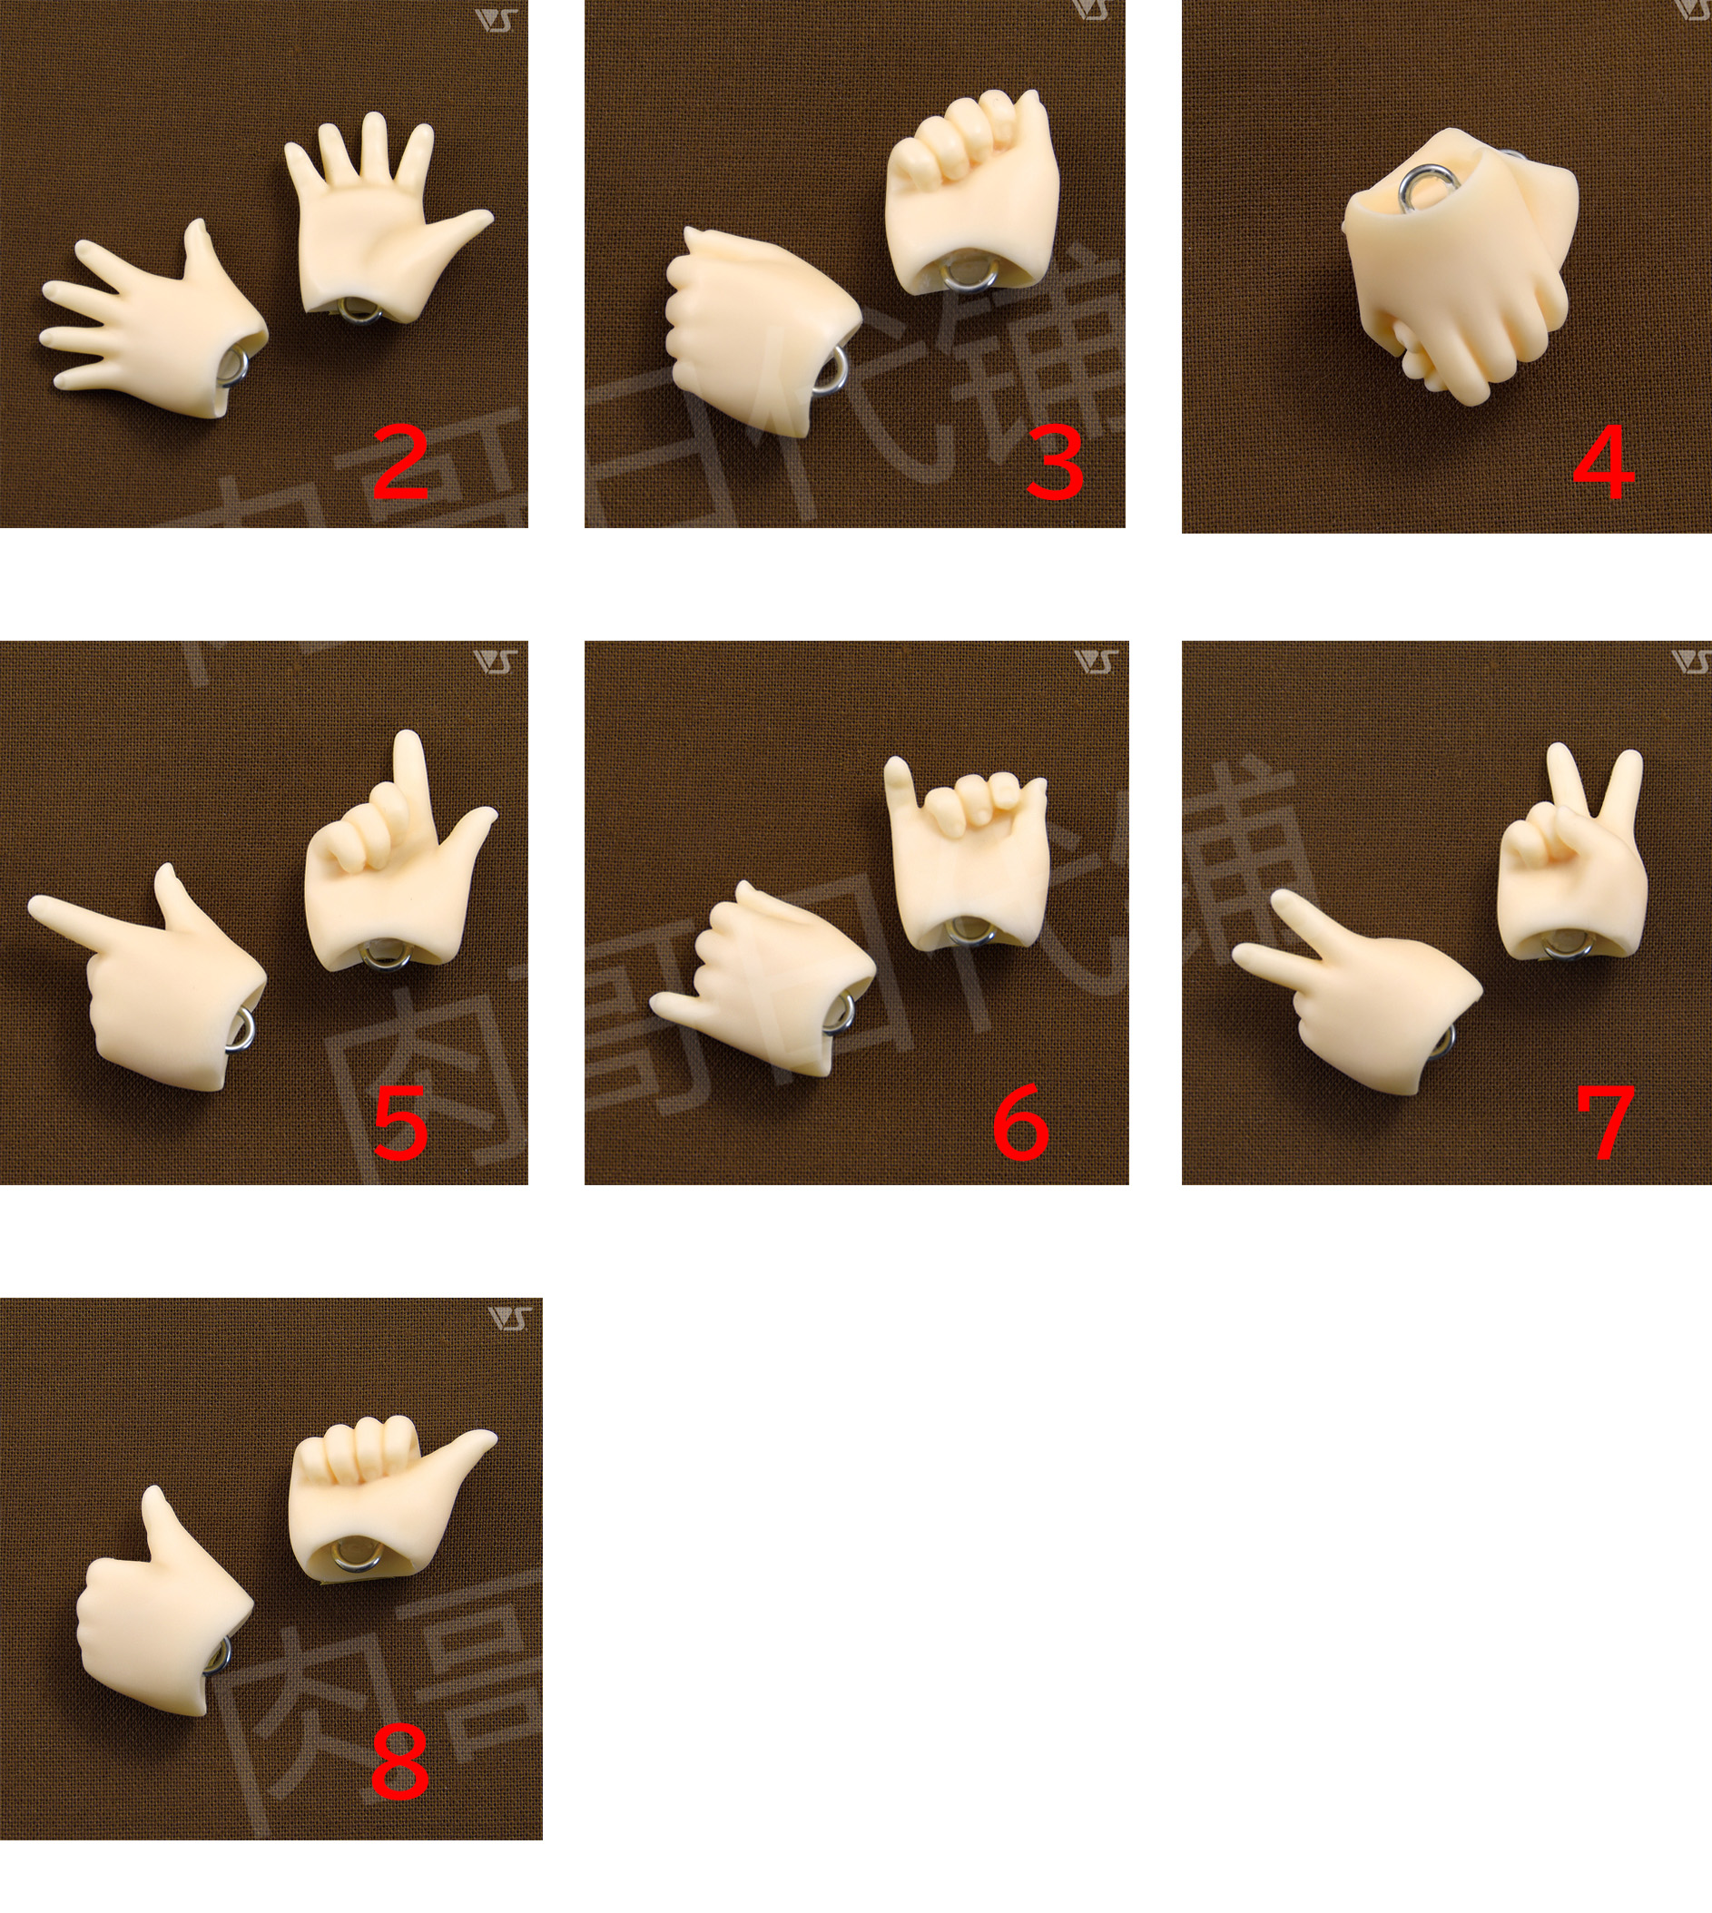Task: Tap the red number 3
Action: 1054,463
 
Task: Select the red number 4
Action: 1604,463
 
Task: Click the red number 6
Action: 1020,1122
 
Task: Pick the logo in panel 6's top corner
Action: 1097,662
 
